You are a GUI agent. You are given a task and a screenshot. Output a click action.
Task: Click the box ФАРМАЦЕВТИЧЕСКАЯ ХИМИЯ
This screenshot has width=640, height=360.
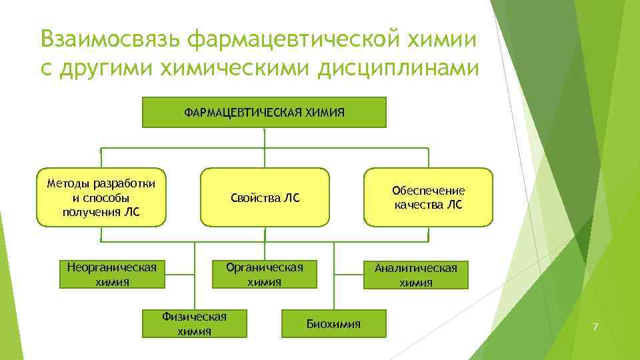[x=264, y=112]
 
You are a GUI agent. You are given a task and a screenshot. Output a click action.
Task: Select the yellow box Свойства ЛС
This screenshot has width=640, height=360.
[x=265, y=197]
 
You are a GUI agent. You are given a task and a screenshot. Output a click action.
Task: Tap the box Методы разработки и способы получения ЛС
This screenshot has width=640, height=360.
[x=101, y=197]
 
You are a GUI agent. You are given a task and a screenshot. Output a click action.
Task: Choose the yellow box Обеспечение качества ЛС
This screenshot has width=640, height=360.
[x=428, y=197]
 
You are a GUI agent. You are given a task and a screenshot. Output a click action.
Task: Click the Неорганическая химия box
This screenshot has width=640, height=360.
[x=112, y=274]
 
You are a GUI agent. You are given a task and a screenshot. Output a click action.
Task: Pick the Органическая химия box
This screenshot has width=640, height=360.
[x=265, y=274]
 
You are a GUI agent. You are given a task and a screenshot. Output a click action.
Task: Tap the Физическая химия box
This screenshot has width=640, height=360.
[x=194, y=323]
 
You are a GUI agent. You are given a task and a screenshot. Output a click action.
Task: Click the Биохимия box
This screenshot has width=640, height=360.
[x=333, y=324]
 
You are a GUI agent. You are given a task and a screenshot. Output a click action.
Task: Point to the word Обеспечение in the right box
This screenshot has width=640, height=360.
[x=428, y=191]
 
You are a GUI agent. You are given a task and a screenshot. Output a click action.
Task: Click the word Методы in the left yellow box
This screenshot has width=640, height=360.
[x=69, y=183]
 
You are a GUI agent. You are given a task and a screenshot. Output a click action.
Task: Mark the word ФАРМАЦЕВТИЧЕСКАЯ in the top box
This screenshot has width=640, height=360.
[x=243, y=112]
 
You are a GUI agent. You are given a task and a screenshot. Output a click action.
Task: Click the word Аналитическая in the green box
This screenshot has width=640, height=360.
[x=415, y=268]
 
